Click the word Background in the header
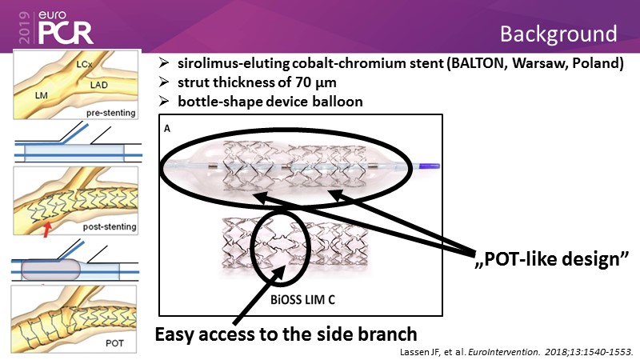pos(558,34)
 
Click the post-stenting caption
pos(109,226)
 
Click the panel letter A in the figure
pos(166,126)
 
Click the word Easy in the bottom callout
pos(177,334)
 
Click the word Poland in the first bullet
pos(596,64)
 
